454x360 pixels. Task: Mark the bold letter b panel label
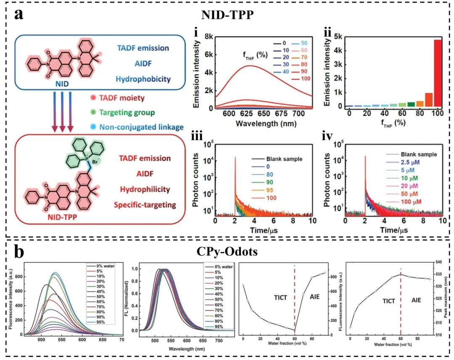tap(19, 252)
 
